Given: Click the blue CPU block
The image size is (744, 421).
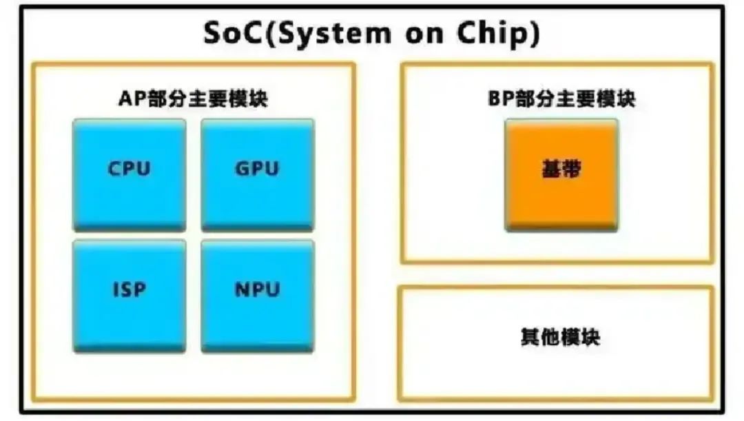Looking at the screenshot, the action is [x=129, y=175].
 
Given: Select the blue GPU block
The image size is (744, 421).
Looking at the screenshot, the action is [x=258, y=175].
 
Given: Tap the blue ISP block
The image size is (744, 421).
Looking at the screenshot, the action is [x=129, y=297].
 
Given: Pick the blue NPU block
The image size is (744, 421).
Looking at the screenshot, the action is [x=258, y=297].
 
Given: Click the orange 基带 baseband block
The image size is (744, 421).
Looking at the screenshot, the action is [x=561, y=175].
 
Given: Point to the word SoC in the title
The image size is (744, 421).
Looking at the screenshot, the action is [x=233, y=33].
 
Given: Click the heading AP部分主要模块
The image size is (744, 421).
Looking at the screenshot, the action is [x=193, y=99].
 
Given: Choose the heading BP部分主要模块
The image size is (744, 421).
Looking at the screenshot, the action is [x=561, y=99].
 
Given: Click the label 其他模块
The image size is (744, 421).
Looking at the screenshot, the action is [x=560, y=337].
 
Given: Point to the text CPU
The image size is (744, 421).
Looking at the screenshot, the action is [x=129, y=169].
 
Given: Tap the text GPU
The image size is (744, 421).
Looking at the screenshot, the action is [x=257, y=169].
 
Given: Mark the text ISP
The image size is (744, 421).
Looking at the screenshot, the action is [x=129, y=289].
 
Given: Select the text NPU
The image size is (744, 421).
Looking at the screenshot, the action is [x=257, y=289].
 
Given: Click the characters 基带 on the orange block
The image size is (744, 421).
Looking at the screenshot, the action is [x=561, y=169].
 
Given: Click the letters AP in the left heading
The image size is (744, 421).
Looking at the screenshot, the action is [x=132, y=99].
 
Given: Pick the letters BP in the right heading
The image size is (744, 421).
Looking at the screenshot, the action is [x=501, y=99].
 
